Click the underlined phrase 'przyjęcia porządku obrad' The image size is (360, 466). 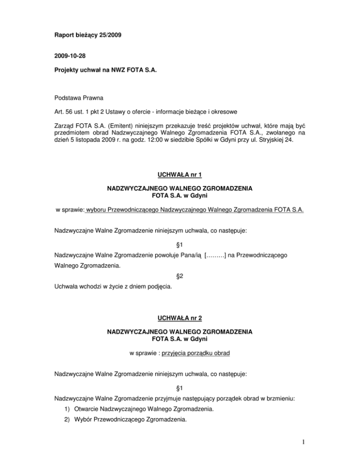tap(195, 355)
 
